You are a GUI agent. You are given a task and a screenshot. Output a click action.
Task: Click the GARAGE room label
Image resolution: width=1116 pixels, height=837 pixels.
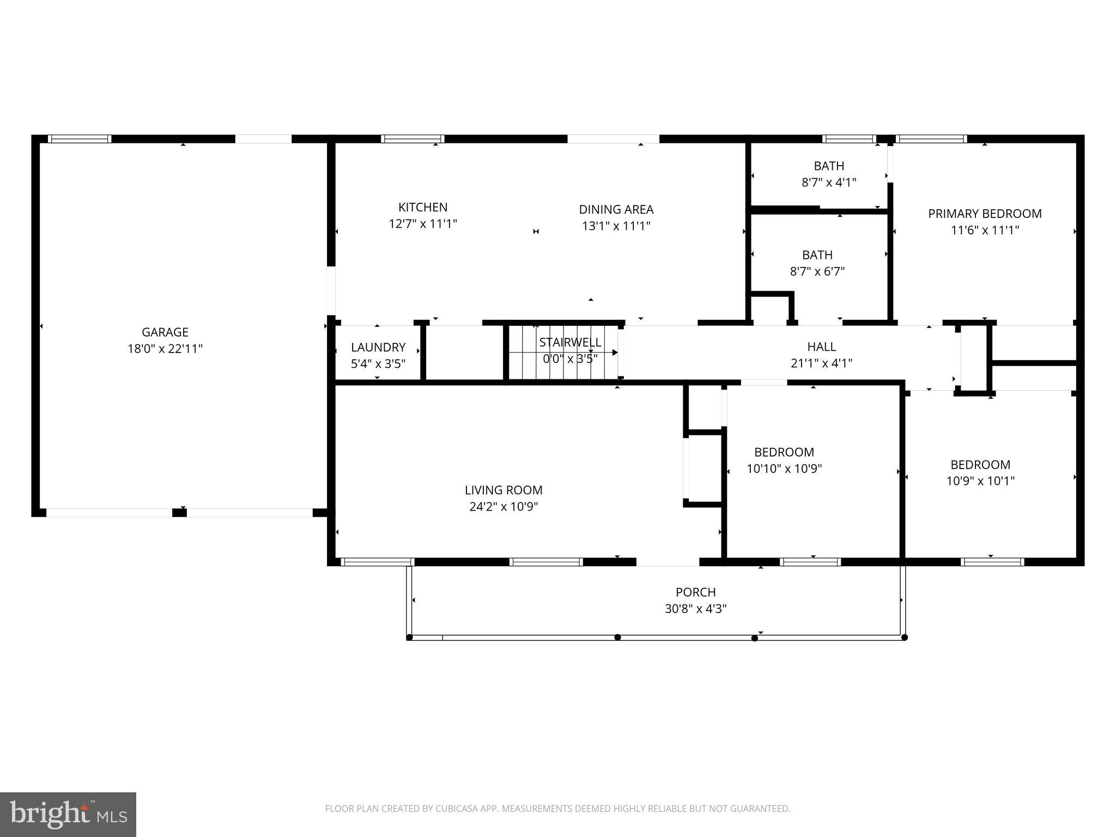165,332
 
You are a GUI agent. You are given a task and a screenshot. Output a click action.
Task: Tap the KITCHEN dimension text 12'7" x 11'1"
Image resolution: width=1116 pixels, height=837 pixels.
422,224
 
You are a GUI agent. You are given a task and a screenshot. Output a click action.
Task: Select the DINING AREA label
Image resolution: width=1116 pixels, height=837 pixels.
616,209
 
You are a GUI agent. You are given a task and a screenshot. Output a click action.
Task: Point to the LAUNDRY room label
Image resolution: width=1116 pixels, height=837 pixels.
378,347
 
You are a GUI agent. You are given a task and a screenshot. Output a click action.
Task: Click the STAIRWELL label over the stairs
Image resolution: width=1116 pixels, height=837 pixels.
570,342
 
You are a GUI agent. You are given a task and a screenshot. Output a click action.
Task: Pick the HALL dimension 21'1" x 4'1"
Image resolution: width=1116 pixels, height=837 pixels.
821,363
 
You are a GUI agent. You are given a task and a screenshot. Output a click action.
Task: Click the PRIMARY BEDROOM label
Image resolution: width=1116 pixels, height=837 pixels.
985,214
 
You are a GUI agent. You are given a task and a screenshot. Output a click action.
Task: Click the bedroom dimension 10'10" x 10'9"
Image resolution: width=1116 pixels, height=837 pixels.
784,469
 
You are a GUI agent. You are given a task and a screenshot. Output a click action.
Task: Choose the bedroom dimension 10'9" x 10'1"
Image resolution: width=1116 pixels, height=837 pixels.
980,481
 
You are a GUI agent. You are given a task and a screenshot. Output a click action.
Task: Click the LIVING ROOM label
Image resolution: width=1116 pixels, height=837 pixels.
504,490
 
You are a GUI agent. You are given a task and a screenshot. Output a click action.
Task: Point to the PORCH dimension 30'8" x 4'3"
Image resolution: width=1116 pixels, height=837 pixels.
695,609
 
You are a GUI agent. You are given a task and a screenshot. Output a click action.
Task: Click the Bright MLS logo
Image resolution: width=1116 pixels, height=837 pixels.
68,814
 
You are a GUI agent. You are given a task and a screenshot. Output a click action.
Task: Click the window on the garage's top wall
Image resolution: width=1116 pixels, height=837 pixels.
80,139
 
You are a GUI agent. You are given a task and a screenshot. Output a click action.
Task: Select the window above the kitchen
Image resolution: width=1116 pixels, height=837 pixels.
413,139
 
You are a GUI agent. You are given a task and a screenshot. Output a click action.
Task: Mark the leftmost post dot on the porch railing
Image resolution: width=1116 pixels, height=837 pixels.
410,637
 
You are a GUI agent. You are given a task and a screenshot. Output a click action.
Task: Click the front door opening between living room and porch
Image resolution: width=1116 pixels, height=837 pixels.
668,562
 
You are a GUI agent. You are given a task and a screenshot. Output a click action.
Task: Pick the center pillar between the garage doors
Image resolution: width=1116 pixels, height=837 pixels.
179,512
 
